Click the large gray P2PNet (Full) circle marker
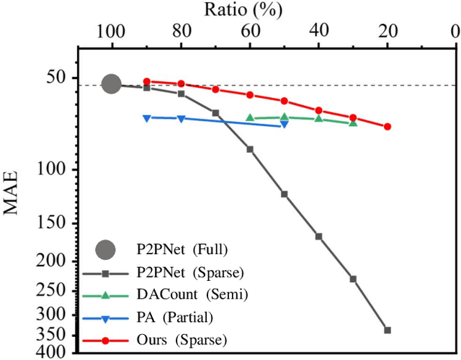(x=111, y=84)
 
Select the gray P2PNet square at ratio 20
(x=388, y=330)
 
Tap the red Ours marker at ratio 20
(x=388, y=126)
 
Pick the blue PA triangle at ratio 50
(x=284, y=125)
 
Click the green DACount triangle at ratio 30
(x=353, y=123)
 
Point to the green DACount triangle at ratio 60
(x=250, y=117)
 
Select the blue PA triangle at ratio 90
(x=146, y=117)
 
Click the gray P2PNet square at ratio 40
(x=318, y=236)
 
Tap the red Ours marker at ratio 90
(x=146, y=81)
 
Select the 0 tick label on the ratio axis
(x=455, y=32)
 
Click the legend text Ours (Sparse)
(x=182, y=339)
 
